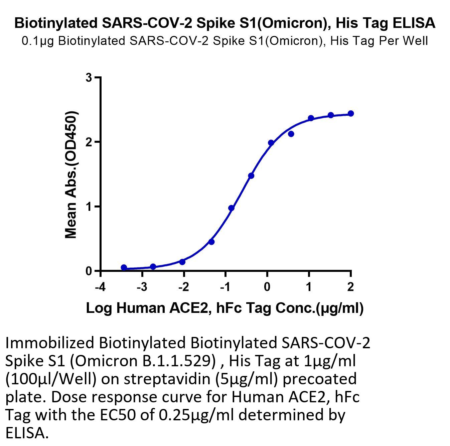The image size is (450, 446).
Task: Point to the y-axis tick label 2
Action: pyautogui.click(x=89, y=142)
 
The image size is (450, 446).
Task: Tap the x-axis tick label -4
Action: pyautogui.click(x=101, y=287)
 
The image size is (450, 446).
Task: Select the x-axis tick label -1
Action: pyautogui.click(x=226, y=287)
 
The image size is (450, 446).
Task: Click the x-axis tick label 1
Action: pyautogui.click(x=309, y=287)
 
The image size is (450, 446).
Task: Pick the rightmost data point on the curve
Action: pyautogui.click(x=351, y=114)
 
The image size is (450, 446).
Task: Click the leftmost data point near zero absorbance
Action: pyautogui.click(x=124, y=267)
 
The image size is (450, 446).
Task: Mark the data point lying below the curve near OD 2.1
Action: pyautogui.click(x=291, y=134)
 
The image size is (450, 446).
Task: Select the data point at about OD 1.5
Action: pyautogui.click(x=251, y=176)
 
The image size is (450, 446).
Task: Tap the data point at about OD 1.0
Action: pyautogui.click(x=232, y=208)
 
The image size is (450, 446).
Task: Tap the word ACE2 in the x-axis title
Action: pyautogui.click(x=188, y=308)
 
